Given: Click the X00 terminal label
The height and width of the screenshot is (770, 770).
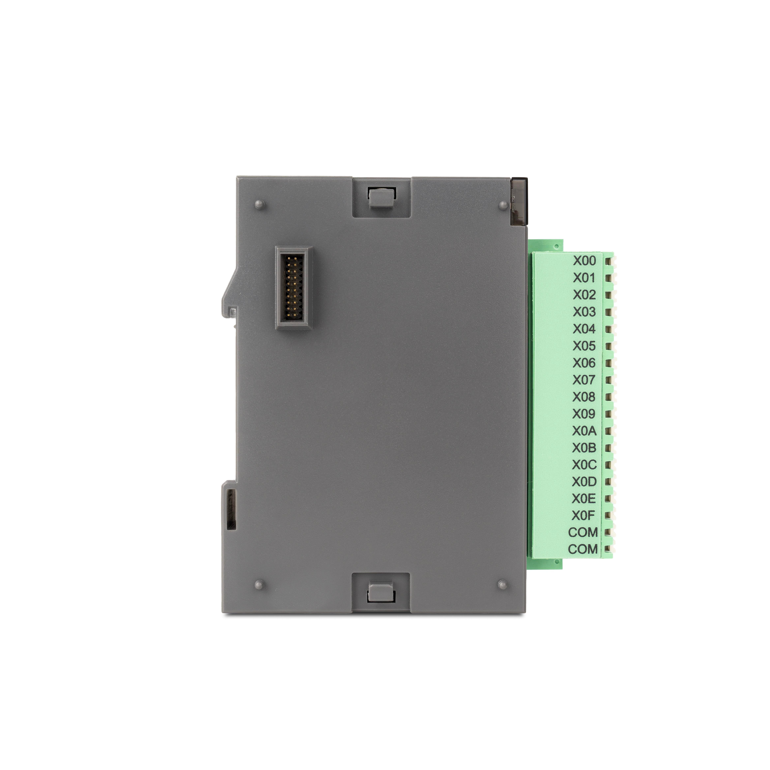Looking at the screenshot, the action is pyautogui.click(x=584, y=261).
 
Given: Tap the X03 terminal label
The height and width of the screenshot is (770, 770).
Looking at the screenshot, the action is pyautogui.click(x=584, y=312).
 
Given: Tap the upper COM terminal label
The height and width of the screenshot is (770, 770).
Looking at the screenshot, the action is pyautogui.click(x=583, y=533).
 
